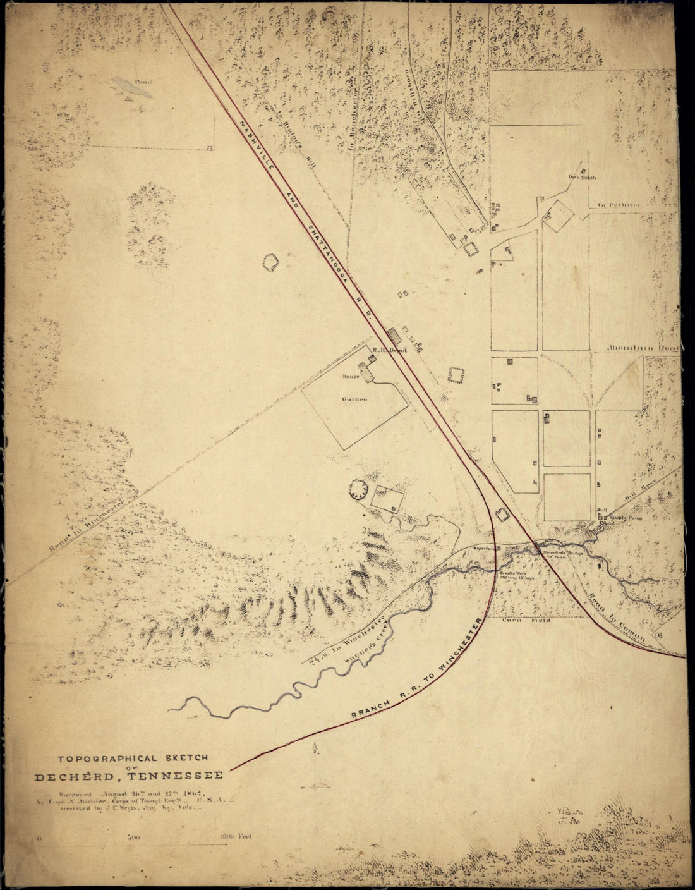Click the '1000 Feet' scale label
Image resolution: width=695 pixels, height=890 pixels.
(x=236, y=836)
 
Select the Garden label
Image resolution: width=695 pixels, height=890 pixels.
(x=355, y=399)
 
